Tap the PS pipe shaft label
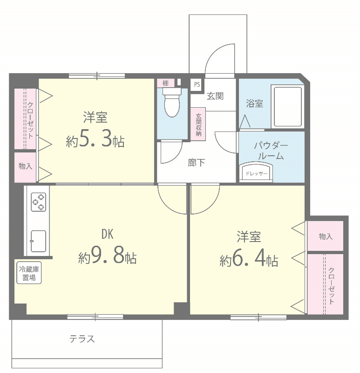[197, 84]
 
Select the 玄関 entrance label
[215, 96]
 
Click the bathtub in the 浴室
[288, 107]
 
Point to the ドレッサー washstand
[256, 172]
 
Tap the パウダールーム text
[271, 151]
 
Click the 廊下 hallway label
[196, 163]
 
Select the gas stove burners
[39, 202]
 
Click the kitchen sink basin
[38, 241]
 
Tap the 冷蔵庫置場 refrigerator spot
[29, 273]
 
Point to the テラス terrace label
[82, 339]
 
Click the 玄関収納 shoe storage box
[198, 124]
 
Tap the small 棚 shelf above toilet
[166, 83]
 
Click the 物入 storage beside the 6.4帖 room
[326, 236]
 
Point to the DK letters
[108, 234]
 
